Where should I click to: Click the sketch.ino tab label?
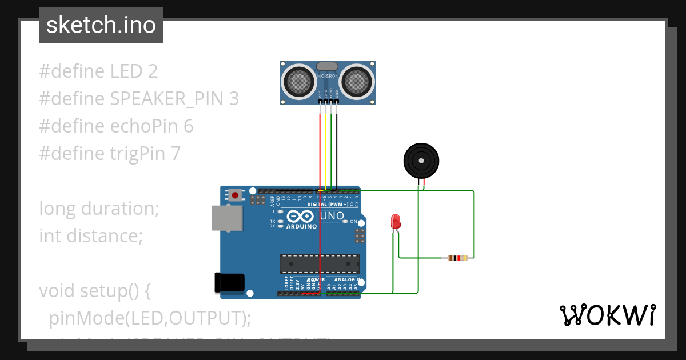(101, 25)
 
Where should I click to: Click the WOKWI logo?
(607, 315)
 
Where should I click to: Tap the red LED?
(394, 221)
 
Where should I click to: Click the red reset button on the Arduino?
(235, 195)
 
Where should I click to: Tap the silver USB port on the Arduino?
(226, 218)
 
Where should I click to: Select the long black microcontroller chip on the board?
(320, 264)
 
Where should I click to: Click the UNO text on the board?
(332, 216)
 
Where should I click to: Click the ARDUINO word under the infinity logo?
(301, 226)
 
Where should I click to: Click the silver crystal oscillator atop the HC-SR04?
(327, 67)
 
